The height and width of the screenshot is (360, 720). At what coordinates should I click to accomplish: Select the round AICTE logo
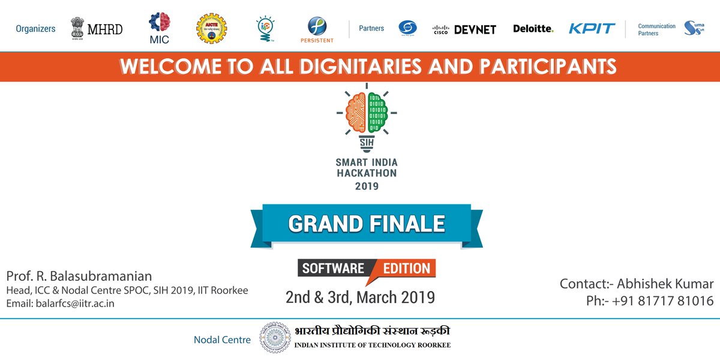click(212, 28)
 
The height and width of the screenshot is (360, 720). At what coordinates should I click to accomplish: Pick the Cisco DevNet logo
click(464, 29)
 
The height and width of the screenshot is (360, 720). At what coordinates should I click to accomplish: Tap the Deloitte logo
click(533, 28)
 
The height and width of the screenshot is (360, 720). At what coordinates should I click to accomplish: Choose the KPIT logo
click(592, 28)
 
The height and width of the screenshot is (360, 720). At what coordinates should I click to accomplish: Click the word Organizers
click(35, 28)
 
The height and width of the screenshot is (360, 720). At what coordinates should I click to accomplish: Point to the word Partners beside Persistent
click(371, 28)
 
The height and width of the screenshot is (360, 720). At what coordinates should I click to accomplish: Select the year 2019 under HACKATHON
click(367, 186)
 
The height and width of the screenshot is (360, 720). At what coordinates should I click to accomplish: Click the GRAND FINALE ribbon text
click(367, 224)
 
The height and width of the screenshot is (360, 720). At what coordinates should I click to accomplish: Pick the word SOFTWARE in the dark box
click(333, 268)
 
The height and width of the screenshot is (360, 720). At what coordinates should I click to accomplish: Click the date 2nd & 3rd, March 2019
click(360, 296)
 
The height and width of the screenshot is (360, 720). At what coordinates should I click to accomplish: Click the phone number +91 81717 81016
click(663, 301)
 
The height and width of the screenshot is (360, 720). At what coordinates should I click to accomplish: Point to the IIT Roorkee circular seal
click(274, 337)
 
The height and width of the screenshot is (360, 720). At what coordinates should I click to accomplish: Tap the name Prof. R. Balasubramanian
click(79, 276)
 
